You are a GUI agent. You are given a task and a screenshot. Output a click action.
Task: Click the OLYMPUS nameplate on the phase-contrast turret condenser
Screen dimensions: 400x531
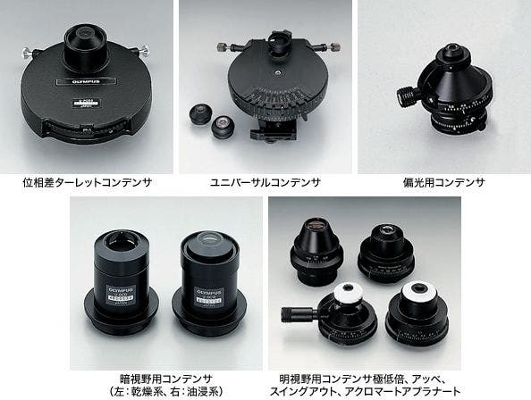(x=78, y=79)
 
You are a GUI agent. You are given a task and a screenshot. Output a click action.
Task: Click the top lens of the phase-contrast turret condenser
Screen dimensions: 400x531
(x=88, y=35)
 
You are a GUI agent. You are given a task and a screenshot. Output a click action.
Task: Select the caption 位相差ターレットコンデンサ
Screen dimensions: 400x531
(x=88, y=182)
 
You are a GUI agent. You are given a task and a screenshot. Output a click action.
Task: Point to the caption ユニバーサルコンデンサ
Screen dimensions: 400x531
(x=265, y=182)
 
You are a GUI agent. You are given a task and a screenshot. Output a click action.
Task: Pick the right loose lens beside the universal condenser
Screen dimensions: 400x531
(x=222, y=131)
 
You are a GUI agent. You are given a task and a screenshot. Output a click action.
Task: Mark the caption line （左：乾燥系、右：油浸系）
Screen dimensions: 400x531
(x=166, y=391)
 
